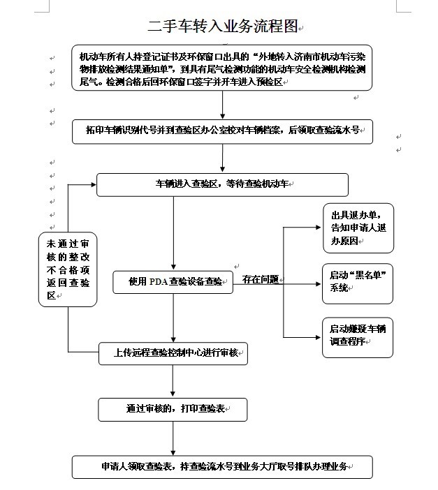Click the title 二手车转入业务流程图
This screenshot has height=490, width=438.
click(x=222, y=26)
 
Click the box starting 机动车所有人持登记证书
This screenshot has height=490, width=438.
click(x=222, y=68)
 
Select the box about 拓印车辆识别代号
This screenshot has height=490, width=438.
click(x=222, y=131)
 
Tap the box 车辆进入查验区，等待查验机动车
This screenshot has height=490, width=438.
click(x=222, y=185)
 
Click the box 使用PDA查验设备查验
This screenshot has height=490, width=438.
click(x=173, y=282)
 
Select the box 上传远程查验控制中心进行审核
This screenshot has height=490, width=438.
click(x=173, y=353)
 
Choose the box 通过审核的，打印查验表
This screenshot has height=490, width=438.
click(x=173, y=409)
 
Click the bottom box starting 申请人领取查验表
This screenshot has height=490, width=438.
click(x=222, y=467)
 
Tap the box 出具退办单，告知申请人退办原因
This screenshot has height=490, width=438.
click(x=358, y=228)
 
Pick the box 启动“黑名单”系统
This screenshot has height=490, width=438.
click(x=358, y=283)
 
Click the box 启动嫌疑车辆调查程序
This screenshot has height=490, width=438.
click(x=358, y=338)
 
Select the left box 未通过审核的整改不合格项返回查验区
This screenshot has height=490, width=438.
click(x=68, y=269)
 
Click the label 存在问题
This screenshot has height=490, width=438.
click(x=261, y=279)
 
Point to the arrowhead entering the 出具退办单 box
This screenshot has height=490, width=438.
click(x=319, y=227)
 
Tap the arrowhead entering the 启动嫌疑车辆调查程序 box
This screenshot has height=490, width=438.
click(x=319, y=337)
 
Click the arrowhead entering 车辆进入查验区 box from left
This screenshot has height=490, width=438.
click(x=93, y=185)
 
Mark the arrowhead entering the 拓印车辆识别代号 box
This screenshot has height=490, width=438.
click(x=222, y=117)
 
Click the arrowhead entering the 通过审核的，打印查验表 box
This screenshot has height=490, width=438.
click(x=173, y=394)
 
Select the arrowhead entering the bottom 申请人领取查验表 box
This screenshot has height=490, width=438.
click(x=173, y=452)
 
